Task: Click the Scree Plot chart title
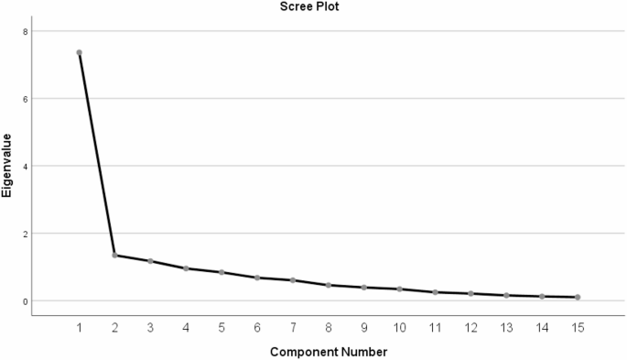tap(312, 6)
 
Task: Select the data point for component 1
tap(79, 52)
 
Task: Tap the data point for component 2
tap(114, 255)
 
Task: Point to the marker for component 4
tap(186, 268)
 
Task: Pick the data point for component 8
tap(328, 285)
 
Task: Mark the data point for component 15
tap(578, 297)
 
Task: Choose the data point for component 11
tap(435, 292)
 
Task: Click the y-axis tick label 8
tap(26, 31)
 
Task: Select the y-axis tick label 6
tap(26, 99)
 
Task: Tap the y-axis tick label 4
tap(26, 166)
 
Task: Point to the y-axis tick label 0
tap(26, 300)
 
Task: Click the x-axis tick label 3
tap(150, 327)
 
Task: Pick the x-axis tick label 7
tap(293, 327)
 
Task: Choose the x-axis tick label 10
tap(399, 327)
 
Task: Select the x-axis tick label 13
tap(506, 327)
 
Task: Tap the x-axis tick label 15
tap(578, 327)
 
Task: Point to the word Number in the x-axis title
tap(363, 352)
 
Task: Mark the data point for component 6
tap(257, 277)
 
